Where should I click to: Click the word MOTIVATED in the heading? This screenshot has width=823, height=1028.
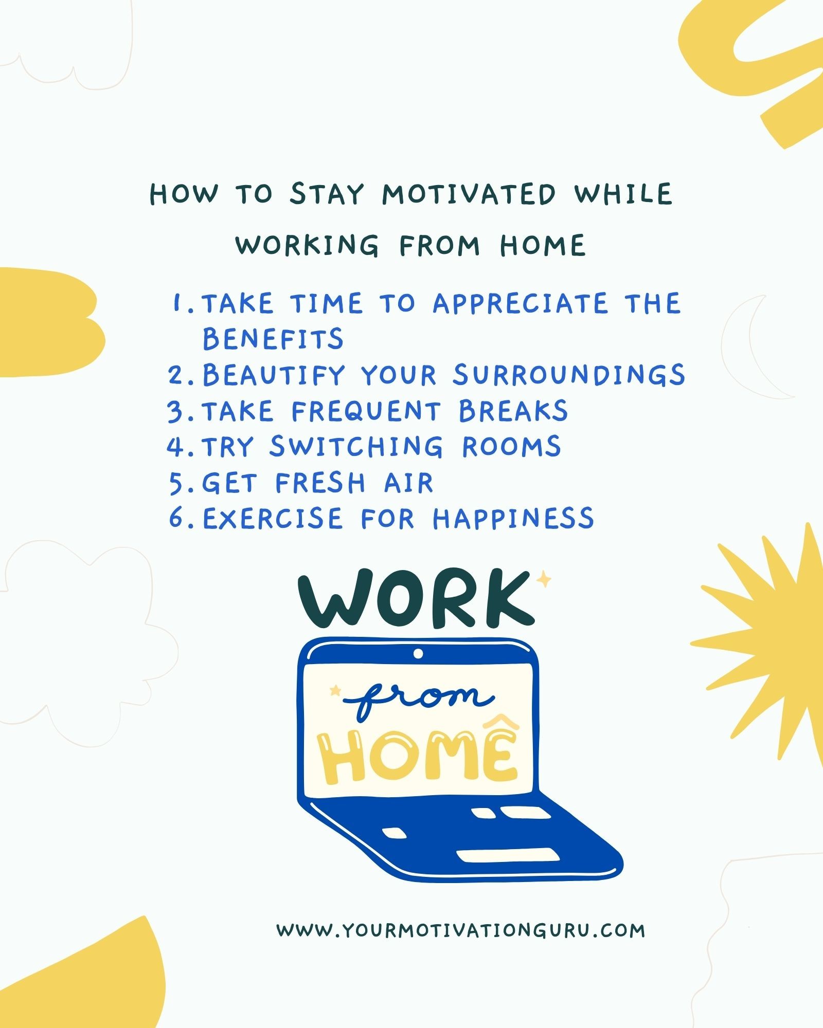pos(469,194)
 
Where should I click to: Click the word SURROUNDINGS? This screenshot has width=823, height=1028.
pos(568,375)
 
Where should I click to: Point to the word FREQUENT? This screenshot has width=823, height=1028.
pos(366,411)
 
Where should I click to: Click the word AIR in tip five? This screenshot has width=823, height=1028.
pos(408,483)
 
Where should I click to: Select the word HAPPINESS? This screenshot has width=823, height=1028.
pos(513,518)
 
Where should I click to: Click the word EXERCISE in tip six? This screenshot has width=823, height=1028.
pos(272,518)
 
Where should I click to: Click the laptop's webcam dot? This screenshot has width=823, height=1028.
pos(418,653)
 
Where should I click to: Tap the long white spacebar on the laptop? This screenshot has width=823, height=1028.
pos(508,856)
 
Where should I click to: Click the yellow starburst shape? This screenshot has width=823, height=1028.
pos(772,642)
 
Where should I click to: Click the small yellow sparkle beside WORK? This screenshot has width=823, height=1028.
pos(543,580)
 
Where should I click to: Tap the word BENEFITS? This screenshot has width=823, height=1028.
pos(273,339)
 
